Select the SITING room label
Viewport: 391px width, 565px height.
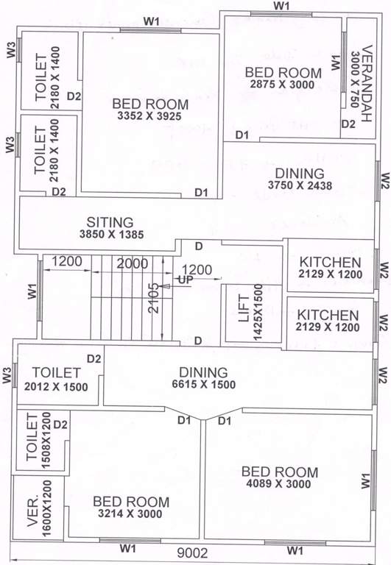(110, 221)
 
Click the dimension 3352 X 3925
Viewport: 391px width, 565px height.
(150, 116)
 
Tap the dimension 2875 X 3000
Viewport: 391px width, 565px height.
(283, 85)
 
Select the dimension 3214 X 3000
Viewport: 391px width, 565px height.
(131, 514)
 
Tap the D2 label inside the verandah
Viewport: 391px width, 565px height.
(348, 124)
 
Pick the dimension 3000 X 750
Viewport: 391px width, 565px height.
(356, 79)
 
